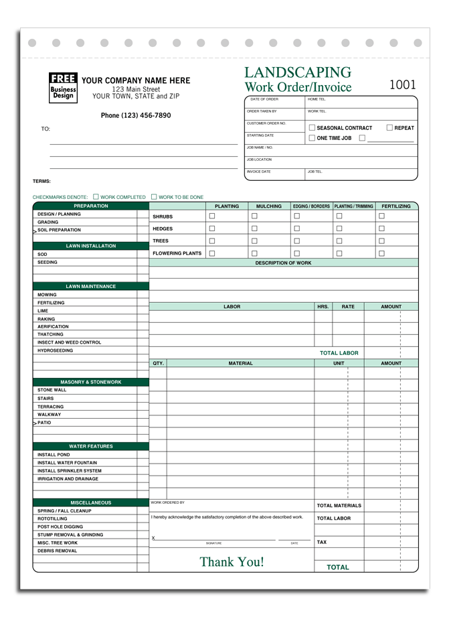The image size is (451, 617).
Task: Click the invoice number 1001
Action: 402,85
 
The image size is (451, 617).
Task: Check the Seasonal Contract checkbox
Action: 312,127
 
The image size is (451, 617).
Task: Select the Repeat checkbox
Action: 389,127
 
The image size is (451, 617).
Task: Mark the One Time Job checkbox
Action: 312,138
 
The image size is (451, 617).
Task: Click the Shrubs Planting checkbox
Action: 212,216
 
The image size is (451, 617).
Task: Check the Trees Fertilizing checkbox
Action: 381,241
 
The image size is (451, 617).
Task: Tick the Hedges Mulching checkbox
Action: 254,228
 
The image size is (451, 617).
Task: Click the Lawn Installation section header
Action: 90,246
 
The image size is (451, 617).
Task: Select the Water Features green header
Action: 90,446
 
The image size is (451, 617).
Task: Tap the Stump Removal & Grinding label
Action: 70,535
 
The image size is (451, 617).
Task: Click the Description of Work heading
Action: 283,263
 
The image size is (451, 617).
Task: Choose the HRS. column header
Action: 323,307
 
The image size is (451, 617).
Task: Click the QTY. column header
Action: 158,363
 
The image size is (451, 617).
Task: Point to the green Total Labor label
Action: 339,353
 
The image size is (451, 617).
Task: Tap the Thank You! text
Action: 232,562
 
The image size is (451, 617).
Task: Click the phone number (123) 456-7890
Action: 136,115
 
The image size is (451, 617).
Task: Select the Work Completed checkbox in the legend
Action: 96,197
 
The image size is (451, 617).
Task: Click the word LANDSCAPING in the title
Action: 298,72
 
